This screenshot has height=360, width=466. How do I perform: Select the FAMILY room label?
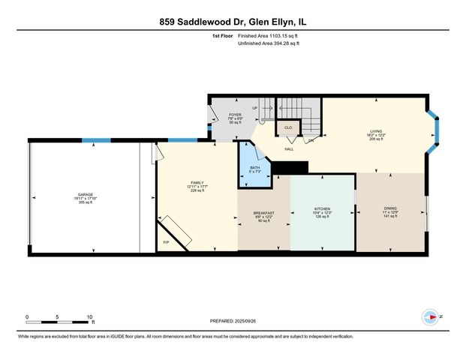coord(197,183)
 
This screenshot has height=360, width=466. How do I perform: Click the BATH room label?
coord(254,167)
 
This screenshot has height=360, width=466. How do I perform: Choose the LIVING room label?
coord(376,130)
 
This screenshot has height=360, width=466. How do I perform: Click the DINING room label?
coord(389,209)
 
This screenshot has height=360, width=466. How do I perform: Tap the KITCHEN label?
coord(322,209)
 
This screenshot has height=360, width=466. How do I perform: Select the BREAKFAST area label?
coord(264,213)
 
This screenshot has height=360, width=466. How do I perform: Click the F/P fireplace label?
coord(166,241)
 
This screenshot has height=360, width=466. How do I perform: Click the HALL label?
coord(288,149)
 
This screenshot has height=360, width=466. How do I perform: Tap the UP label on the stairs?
coord(254,108)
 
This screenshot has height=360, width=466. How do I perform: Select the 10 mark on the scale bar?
coord(90,316)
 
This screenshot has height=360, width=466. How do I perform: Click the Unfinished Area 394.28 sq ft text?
coord(268,43)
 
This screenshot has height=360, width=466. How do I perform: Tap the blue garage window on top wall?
coord(96,139)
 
